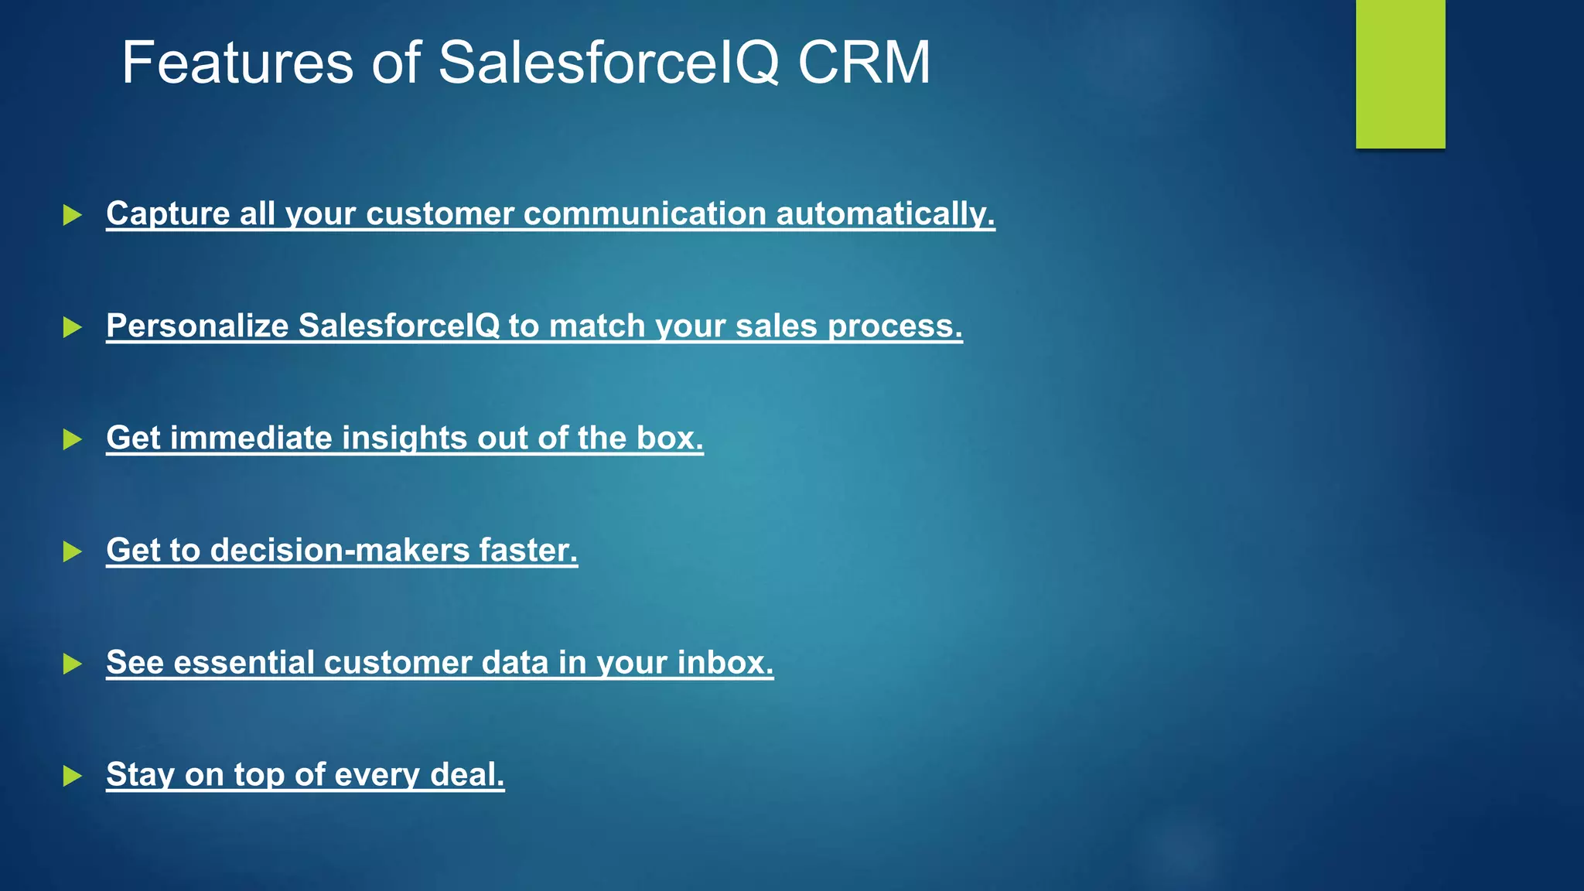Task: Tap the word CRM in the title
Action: point(863,63)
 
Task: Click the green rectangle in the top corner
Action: point(1400,73)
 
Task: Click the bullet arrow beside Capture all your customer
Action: point(72,215)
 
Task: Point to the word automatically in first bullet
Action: point(885,214)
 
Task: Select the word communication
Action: point(644,214)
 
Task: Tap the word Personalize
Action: point(197,326)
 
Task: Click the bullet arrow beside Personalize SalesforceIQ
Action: point(72,327)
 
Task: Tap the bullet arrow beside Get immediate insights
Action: point(72,439)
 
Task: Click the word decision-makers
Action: point(340,551)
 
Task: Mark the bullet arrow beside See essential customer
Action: point(72,664)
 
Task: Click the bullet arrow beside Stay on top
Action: point(72,776)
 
